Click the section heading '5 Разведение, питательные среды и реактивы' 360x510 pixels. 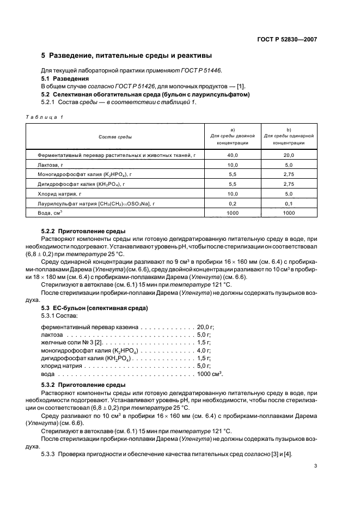coord(126,56)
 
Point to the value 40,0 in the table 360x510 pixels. coord(233,155)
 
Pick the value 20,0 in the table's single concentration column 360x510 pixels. coord(289,155)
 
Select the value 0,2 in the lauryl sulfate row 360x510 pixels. coord(233,203)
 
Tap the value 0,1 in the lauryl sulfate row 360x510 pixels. coord(289,203)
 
